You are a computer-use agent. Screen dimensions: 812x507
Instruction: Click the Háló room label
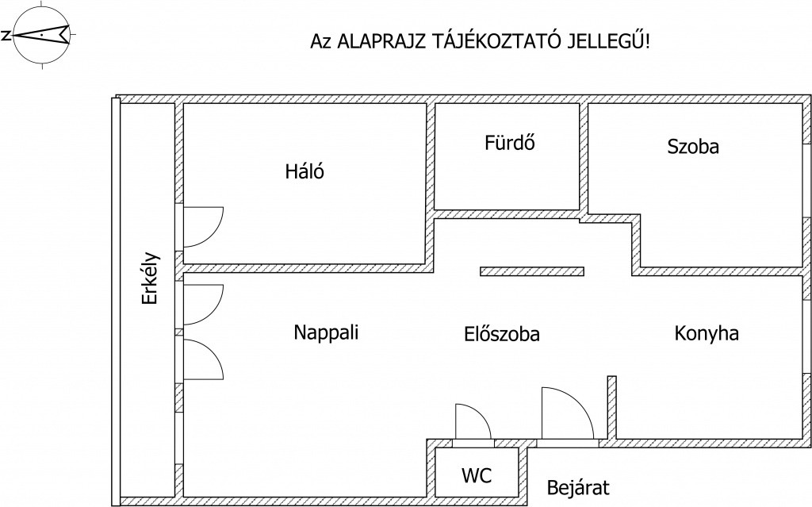click(304, 171)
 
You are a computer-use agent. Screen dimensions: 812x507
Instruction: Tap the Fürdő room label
click(510, 142)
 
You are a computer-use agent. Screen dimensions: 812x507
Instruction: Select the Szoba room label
click(693, 146)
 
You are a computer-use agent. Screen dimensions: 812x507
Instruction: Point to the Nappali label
click(326, 332)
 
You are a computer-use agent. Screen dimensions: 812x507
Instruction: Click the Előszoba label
click(502, 334)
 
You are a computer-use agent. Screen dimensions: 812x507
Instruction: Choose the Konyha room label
click(707, 332)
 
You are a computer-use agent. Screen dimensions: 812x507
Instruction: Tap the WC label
click(477, 474)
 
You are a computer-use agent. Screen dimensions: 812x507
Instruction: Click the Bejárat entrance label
click(578, 487)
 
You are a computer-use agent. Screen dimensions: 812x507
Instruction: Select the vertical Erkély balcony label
click(150, 278)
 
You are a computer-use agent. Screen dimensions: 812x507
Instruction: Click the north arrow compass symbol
click(41, 35)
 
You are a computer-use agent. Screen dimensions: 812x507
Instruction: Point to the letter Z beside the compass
click(6, 36)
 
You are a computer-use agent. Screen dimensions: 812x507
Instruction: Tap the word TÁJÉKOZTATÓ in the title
click(495, 40)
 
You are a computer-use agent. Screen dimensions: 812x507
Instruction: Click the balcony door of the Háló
click(202, 227)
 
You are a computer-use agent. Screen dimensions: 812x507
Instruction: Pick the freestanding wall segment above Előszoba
click(532, 271)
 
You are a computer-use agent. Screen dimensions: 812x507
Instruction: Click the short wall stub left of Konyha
click(612, 408)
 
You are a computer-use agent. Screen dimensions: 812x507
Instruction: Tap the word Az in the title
click(320, 41)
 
